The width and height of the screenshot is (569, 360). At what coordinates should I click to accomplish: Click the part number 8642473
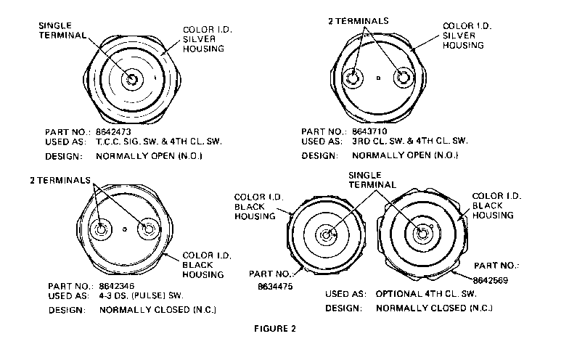tap(113, 132)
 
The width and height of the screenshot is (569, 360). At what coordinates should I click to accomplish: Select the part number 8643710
tap(370, 131)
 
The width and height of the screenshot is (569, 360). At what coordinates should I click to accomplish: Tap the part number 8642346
tap(116, 286)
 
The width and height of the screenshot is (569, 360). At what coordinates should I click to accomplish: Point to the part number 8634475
tap(275, 286)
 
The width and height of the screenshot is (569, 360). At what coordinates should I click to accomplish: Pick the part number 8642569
tap(491, 280)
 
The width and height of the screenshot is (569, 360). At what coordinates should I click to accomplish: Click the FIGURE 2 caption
tap(275, 328)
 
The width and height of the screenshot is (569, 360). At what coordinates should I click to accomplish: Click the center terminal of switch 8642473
tap(132, 79)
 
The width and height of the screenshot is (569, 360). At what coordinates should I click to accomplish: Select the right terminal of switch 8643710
tap(404, 78)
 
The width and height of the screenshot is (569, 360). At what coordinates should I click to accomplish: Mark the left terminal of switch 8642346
tap(100, 229)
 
